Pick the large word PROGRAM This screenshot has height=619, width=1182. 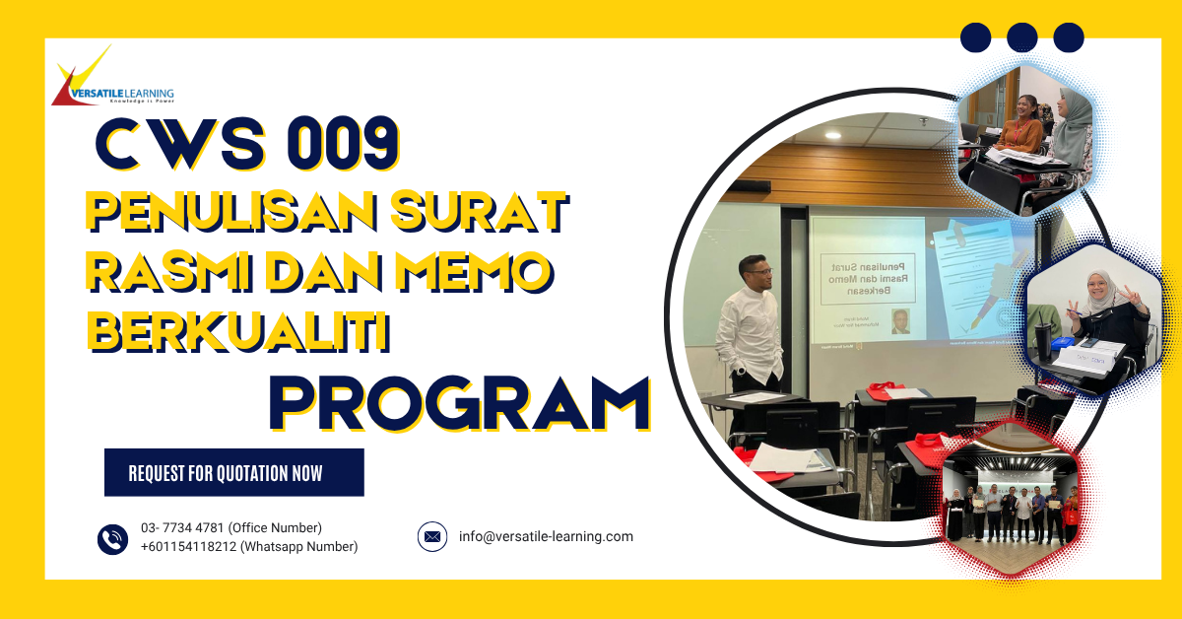[x=459, y=402]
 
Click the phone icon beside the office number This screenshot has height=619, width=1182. [x=113, y=538]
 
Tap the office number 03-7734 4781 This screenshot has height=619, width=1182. [x=230, y=528]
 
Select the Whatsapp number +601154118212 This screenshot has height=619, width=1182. [x=249, y=547]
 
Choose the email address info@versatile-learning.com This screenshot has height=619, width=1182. [x=546, y=537]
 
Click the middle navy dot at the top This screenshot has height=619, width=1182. [x=1022, y=37]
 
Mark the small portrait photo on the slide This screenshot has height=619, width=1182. [x=900, y=321]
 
